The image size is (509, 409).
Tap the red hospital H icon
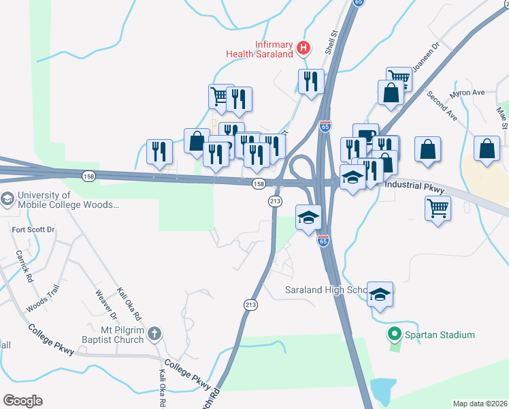pyautogui.click(x=304, y=48)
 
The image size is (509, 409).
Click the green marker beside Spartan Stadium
pyautogui.click(x=393, y=335)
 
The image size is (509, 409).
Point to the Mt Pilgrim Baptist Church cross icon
pyautogui.click(x=155, y=334)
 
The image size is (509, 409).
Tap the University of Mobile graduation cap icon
pyautogui.click(x=7, y=199)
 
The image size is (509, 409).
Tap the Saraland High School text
pyautogui.click(x=325, y=289)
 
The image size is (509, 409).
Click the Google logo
pyautogui.click(x=22, y=400)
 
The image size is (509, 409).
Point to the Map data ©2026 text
pyautogui.click(x=480, y=404)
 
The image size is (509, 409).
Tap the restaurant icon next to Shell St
pyautogui.click(x=311, y=81)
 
